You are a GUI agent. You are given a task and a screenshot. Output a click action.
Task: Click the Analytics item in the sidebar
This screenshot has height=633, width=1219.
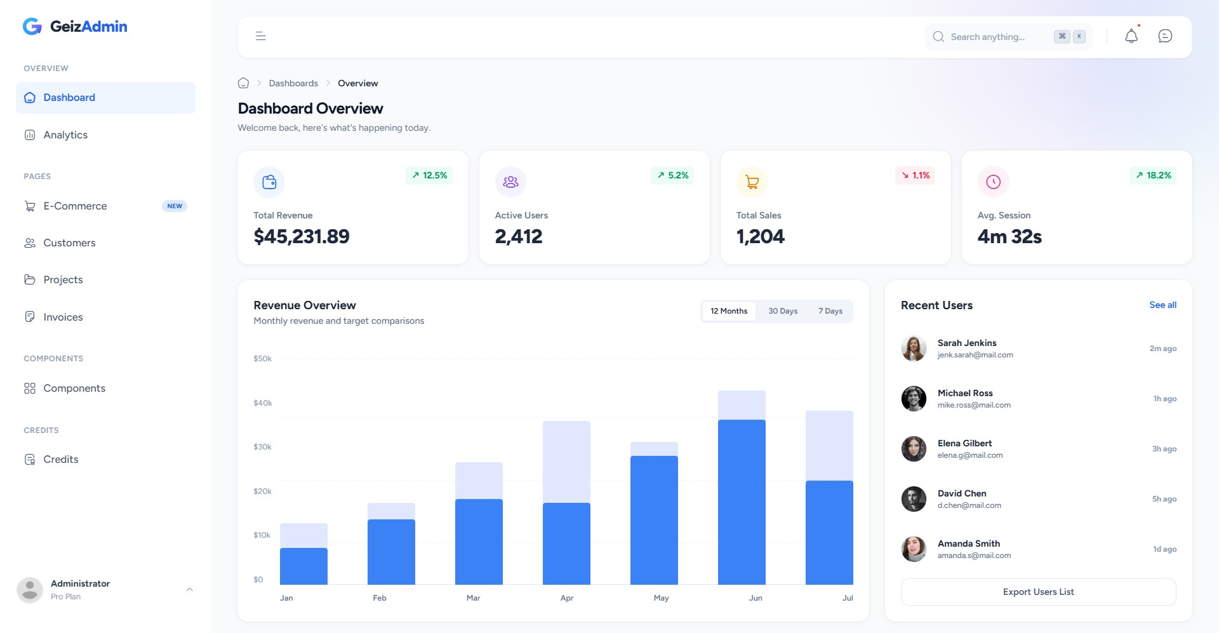tap(65, 135)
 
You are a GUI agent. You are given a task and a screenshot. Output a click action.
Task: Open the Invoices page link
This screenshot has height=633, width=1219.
tap(63, 317)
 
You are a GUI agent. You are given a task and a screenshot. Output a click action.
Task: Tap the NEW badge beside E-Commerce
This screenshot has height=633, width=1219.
tap(175, 206)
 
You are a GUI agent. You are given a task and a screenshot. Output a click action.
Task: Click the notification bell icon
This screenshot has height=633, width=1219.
tap(1131, 36)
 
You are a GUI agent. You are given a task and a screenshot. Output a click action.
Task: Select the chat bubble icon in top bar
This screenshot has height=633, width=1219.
tap(1164, 36)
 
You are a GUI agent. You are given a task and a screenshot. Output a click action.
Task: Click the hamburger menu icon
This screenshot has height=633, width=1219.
tap(260, 36)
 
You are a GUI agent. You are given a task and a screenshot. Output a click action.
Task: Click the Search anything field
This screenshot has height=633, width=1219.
tap(987, 37)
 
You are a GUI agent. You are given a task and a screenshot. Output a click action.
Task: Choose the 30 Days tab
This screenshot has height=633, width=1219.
tap(782, 311)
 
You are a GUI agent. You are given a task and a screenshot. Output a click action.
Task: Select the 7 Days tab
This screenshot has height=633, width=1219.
tap(830, 311)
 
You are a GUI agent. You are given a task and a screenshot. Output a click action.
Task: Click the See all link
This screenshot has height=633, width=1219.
tap(1162, 305)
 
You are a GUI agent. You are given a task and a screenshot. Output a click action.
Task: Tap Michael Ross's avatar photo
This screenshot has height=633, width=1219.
tap(914, 399)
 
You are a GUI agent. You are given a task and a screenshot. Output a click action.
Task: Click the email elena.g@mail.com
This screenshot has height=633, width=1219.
tap(969, 455)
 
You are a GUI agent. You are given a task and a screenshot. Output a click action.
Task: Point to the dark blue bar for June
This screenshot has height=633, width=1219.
tap(742, 502)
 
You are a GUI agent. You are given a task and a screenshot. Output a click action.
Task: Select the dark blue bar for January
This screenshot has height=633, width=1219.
tap(303, 566)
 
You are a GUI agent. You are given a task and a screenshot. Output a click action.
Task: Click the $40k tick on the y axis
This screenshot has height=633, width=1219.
tap(262, 403)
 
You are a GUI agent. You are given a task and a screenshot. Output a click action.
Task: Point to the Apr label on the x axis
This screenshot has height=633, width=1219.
tap(567, 598)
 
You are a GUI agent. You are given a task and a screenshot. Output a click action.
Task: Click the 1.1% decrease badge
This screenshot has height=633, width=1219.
tap(915, 175)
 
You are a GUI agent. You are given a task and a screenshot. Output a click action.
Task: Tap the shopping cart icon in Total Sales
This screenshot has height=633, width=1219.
tap(752, 182)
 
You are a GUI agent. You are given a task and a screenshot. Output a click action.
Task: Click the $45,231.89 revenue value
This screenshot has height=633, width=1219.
tap(302, 237)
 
